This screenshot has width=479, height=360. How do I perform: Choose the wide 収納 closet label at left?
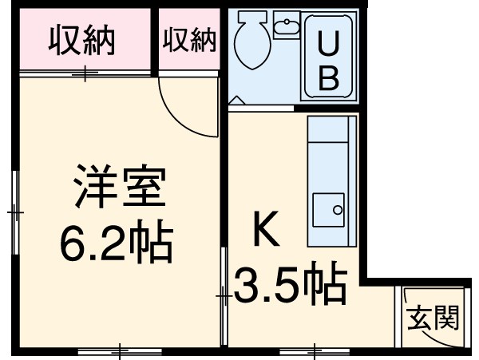(84, 39)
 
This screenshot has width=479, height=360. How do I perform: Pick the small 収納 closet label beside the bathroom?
(190, 40)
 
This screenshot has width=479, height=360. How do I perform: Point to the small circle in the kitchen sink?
(337, 211)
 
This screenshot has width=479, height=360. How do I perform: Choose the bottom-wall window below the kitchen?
(315, 350)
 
